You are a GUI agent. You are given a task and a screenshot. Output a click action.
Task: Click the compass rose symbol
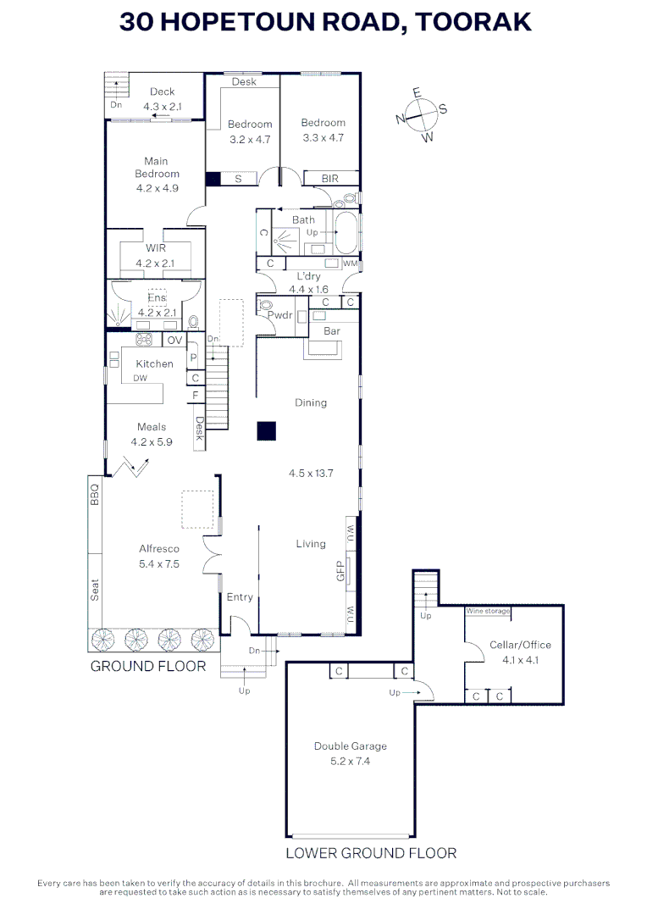click(x=421, y=115)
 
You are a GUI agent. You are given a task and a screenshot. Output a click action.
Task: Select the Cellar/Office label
click(x=520, y=645)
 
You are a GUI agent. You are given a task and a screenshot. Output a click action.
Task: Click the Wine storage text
click(x=488, y=611)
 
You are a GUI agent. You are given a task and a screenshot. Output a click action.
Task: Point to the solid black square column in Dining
click(x=267, y=430)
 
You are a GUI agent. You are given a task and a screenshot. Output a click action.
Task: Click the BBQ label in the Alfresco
click(x=95, y=494)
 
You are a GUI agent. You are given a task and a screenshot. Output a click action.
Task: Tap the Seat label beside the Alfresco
click(x=95, y=590)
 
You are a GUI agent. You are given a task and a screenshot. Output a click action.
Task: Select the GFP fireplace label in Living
click(x=340, y=571)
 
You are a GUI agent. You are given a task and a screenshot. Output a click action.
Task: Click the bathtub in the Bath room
click(x=346, y=231)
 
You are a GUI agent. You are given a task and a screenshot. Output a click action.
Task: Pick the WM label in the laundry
click(x=350, y=263)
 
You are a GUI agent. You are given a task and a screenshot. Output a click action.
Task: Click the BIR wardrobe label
click(x=329, y=179)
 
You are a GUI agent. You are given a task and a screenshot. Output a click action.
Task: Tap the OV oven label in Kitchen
click(x=174, y=341)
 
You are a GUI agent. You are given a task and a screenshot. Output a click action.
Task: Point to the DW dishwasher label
click(x=140, y=378)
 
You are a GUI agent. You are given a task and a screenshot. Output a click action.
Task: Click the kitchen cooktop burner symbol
click(x=144, y=339)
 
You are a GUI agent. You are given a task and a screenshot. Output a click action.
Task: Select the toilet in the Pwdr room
click(x=265, y=306)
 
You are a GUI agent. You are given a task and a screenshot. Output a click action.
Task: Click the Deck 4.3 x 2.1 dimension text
click(x=163, y=107)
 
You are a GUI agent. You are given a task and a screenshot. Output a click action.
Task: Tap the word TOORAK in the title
click(x=473, y=21)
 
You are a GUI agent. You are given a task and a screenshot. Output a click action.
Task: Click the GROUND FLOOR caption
click(x=148, y=667)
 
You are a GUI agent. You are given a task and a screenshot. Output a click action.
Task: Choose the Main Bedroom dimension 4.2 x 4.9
click(x=158, y=188)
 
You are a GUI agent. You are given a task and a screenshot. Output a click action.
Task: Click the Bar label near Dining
click(x=331, y=331)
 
